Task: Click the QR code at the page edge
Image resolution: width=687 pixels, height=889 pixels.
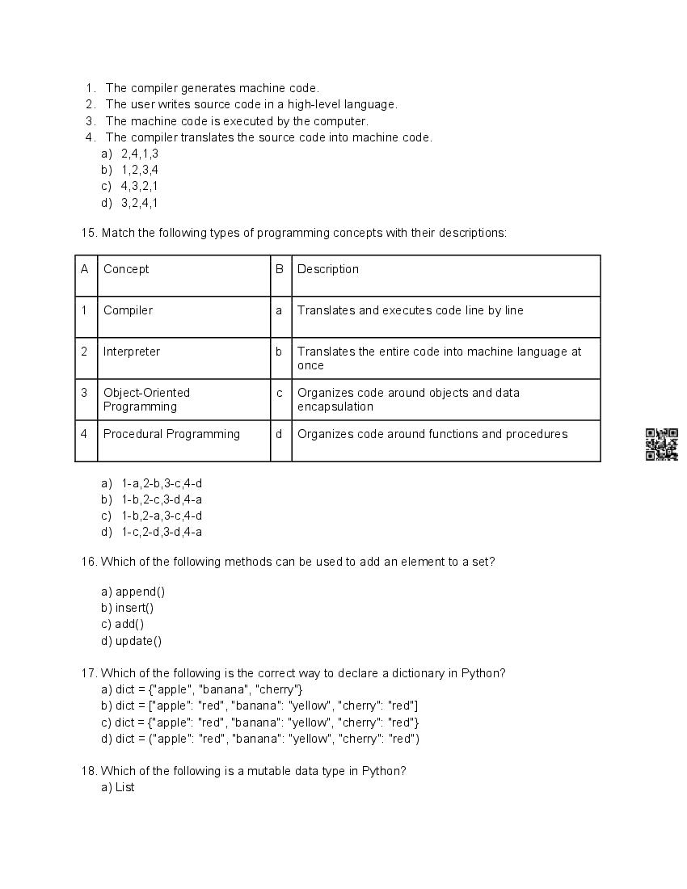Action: click(661, 444)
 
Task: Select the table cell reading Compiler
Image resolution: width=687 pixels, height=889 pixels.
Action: click(128, 310)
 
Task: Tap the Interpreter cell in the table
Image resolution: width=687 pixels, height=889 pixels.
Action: click(132, 352)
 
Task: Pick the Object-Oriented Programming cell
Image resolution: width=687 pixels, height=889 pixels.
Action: click(146, 399)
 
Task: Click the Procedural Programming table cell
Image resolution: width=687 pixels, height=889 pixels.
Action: click(171, 434)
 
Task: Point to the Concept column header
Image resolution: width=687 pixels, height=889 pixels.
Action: click(126, 269)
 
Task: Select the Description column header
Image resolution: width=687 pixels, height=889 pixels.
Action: click(328, 269)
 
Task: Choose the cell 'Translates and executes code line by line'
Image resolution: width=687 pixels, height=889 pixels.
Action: click(411, 310)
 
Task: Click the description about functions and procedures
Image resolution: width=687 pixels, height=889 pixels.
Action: click(432, 434)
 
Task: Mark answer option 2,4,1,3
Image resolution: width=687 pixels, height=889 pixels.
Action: click(139, 154)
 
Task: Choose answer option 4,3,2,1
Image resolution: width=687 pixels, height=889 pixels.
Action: click(139, 186)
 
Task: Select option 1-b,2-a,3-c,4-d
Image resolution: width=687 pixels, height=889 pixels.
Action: click(161, 516)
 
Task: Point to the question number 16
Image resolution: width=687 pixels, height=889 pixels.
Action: click(89, 562)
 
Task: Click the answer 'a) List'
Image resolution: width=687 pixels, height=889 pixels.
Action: click(118, 787)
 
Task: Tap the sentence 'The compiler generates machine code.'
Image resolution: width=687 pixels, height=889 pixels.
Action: click(212, 88)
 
